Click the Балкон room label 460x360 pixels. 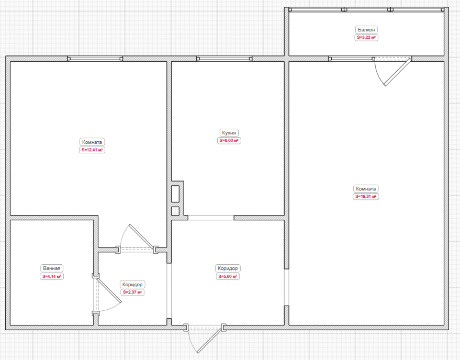tap(366, 30)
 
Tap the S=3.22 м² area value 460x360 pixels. tap(366, 38)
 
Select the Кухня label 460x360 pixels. tap(229, 132)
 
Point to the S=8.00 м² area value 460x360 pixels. tap(229, 141)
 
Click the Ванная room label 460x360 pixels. tap(52, 268)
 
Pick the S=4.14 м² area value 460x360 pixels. tap(52, 276)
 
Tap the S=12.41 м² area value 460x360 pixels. tap(92, 150)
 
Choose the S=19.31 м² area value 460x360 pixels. tap(366, 197)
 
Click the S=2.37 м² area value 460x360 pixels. tap(132, 292)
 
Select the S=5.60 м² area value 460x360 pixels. tap(228, 276)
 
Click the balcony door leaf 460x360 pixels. tap(398, 72)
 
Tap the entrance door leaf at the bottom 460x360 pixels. tap(209, 341)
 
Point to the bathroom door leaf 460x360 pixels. tap(109, 290)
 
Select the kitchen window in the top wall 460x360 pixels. tap(225, 59)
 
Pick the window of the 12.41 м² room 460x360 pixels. tap(95, 59)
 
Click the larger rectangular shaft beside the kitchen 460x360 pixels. tap(175, 194)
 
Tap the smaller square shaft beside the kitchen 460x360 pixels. tap(175, 211)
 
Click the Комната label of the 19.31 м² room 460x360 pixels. tap(366, 189)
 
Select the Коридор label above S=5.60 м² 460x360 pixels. tap(228, 268)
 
